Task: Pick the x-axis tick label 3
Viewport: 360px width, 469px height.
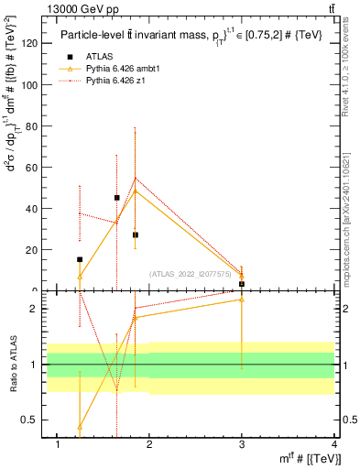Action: point(242,444)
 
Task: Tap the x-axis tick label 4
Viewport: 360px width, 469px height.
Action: point(334,444)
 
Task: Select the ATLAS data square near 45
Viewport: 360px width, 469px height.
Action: point(117,197)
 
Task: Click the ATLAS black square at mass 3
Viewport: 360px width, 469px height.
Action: point(242,284)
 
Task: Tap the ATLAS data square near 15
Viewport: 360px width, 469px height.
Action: point(80,259)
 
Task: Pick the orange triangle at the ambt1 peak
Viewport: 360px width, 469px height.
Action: point(136,191)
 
